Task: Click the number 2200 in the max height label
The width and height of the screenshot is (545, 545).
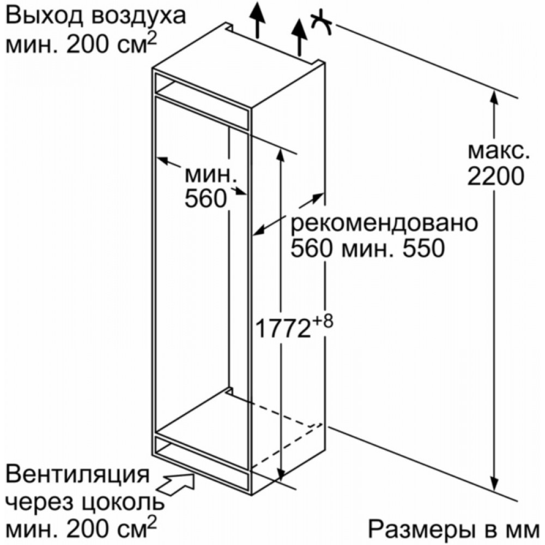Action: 495,177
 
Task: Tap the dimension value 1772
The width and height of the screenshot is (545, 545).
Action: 282,329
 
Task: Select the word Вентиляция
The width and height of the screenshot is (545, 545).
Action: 78,475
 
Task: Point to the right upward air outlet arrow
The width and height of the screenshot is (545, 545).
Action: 299,38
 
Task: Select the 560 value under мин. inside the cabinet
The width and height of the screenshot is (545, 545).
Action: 206,198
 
